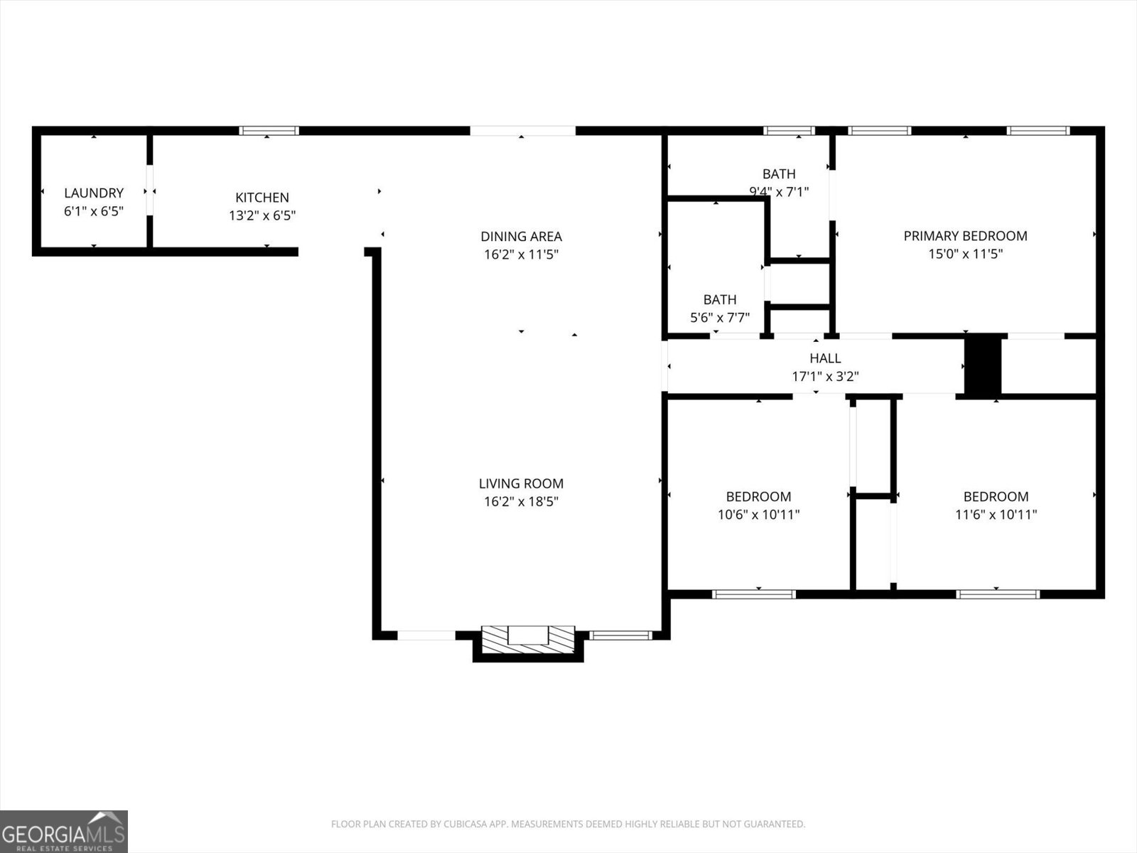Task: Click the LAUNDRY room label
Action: (x=94, y=193)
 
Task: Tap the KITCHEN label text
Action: (x=262, y=198)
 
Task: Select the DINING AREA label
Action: (x=521, y=236)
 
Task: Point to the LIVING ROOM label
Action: (x=521, y=483)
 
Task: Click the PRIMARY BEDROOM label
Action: (x=966, y=236)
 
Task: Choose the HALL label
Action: (x=825, y=358)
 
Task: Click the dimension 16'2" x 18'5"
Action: (x=521, y=501)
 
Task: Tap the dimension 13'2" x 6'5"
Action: (x=262, y=215)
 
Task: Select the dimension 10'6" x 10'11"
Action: (x=758, y=514)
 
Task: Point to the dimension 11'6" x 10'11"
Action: (x=996, y=514)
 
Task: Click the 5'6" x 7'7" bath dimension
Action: (x=720, y=317)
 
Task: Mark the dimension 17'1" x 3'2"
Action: (x=825, y=376)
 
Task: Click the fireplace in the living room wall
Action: (x=528, y=640)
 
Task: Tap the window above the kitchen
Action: (x=269, y=131)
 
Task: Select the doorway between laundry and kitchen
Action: (x=150, y=190)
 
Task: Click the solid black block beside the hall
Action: (x=983, y=365)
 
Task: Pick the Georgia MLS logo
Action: (x=64, y=831)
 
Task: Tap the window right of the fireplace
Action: (x=620, y=635)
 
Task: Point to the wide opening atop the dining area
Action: (x=522, y=131)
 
